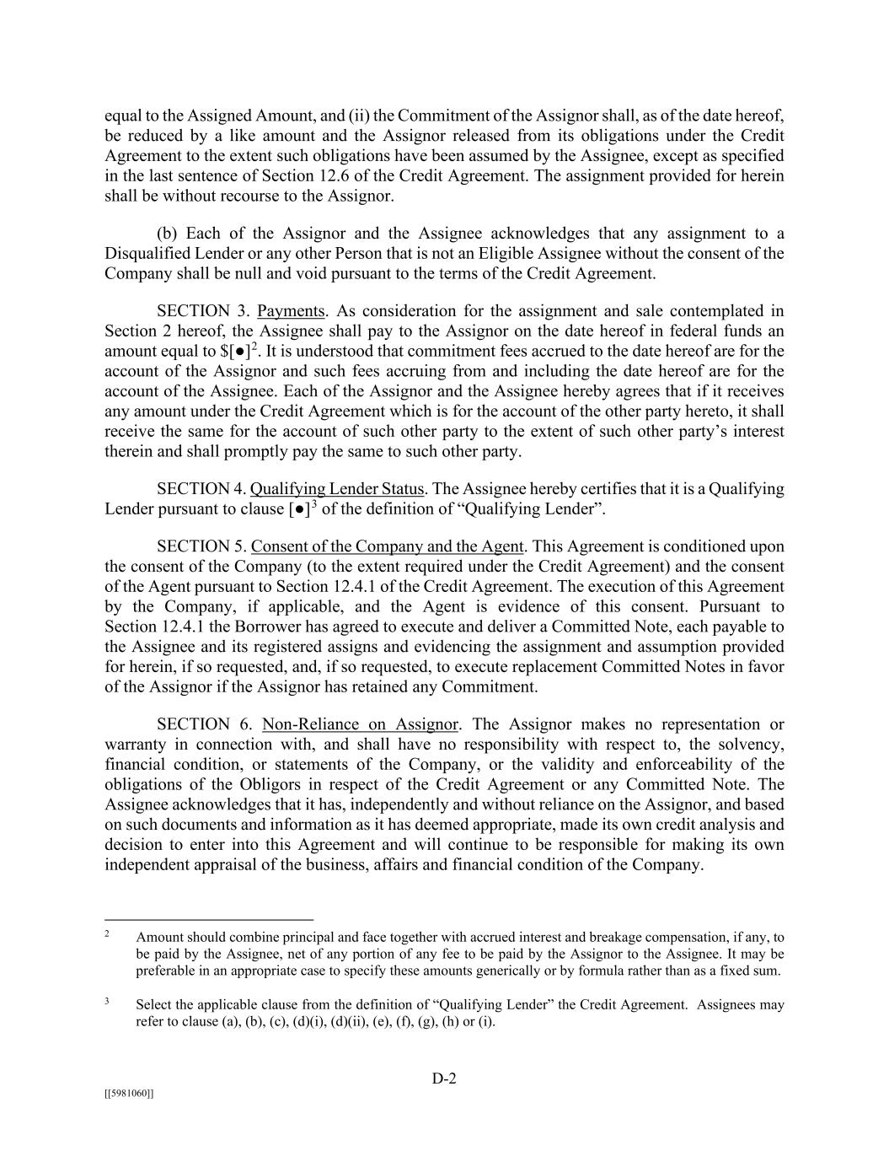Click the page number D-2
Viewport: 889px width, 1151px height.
(444, 1078)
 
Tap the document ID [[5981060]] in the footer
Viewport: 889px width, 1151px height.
(129, 1094)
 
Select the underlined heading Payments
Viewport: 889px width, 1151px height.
(291, 311)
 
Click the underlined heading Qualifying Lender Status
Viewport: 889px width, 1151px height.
(337, 489)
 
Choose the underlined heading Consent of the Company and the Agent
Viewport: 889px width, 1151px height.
(387, 546)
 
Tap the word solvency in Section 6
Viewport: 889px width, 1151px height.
(750, 745)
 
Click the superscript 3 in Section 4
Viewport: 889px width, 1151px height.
(314, 504)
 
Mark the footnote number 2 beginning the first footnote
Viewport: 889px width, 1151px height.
(108, 934)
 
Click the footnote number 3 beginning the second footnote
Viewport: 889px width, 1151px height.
(108, 1002)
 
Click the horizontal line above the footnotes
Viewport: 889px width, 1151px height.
(209, 919)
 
